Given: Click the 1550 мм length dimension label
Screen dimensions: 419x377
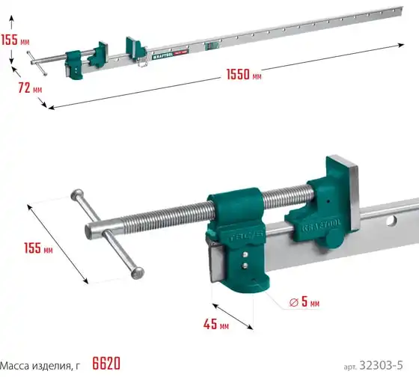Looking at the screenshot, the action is [244, 74].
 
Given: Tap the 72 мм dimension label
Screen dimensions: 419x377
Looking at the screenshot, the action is [30, 88].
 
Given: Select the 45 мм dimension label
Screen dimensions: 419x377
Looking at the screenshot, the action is [216, 324].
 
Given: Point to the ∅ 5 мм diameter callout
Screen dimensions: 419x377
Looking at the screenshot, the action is [305, 301].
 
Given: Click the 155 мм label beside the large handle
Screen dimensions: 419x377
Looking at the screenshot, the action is [38, 248].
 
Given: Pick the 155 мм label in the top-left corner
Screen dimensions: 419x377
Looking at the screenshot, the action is [15, 40].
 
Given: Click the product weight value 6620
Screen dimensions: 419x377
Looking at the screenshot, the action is [106, 364].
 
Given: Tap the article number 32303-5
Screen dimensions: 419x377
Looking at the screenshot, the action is [381, 365].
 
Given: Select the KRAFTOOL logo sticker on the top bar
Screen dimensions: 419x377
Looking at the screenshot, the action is [171, 55].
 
